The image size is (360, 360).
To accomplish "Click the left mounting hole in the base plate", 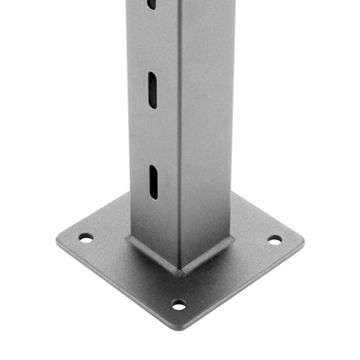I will (x=85, y=237).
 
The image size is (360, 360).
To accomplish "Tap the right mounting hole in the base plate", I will (x=274, y=240).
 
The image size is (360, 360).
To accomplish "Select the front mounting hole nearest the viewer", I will (x=178, y=305).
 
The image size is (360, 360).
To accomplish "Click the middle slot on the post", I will (x=152, y=90).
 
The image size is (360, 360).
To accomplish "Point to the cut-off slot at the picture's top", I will (x=151, y=4).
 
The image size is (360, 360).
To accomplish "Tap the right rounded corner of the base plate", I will (x=303, y=241).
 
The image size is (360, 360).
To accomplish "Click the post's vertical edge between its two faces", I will (x=178, y=130).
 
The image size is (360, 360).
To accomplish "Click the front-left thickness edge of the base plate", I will (x=112, y=286).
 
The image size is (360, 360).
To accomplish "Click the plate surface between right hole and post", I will (x=253, y=242).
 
